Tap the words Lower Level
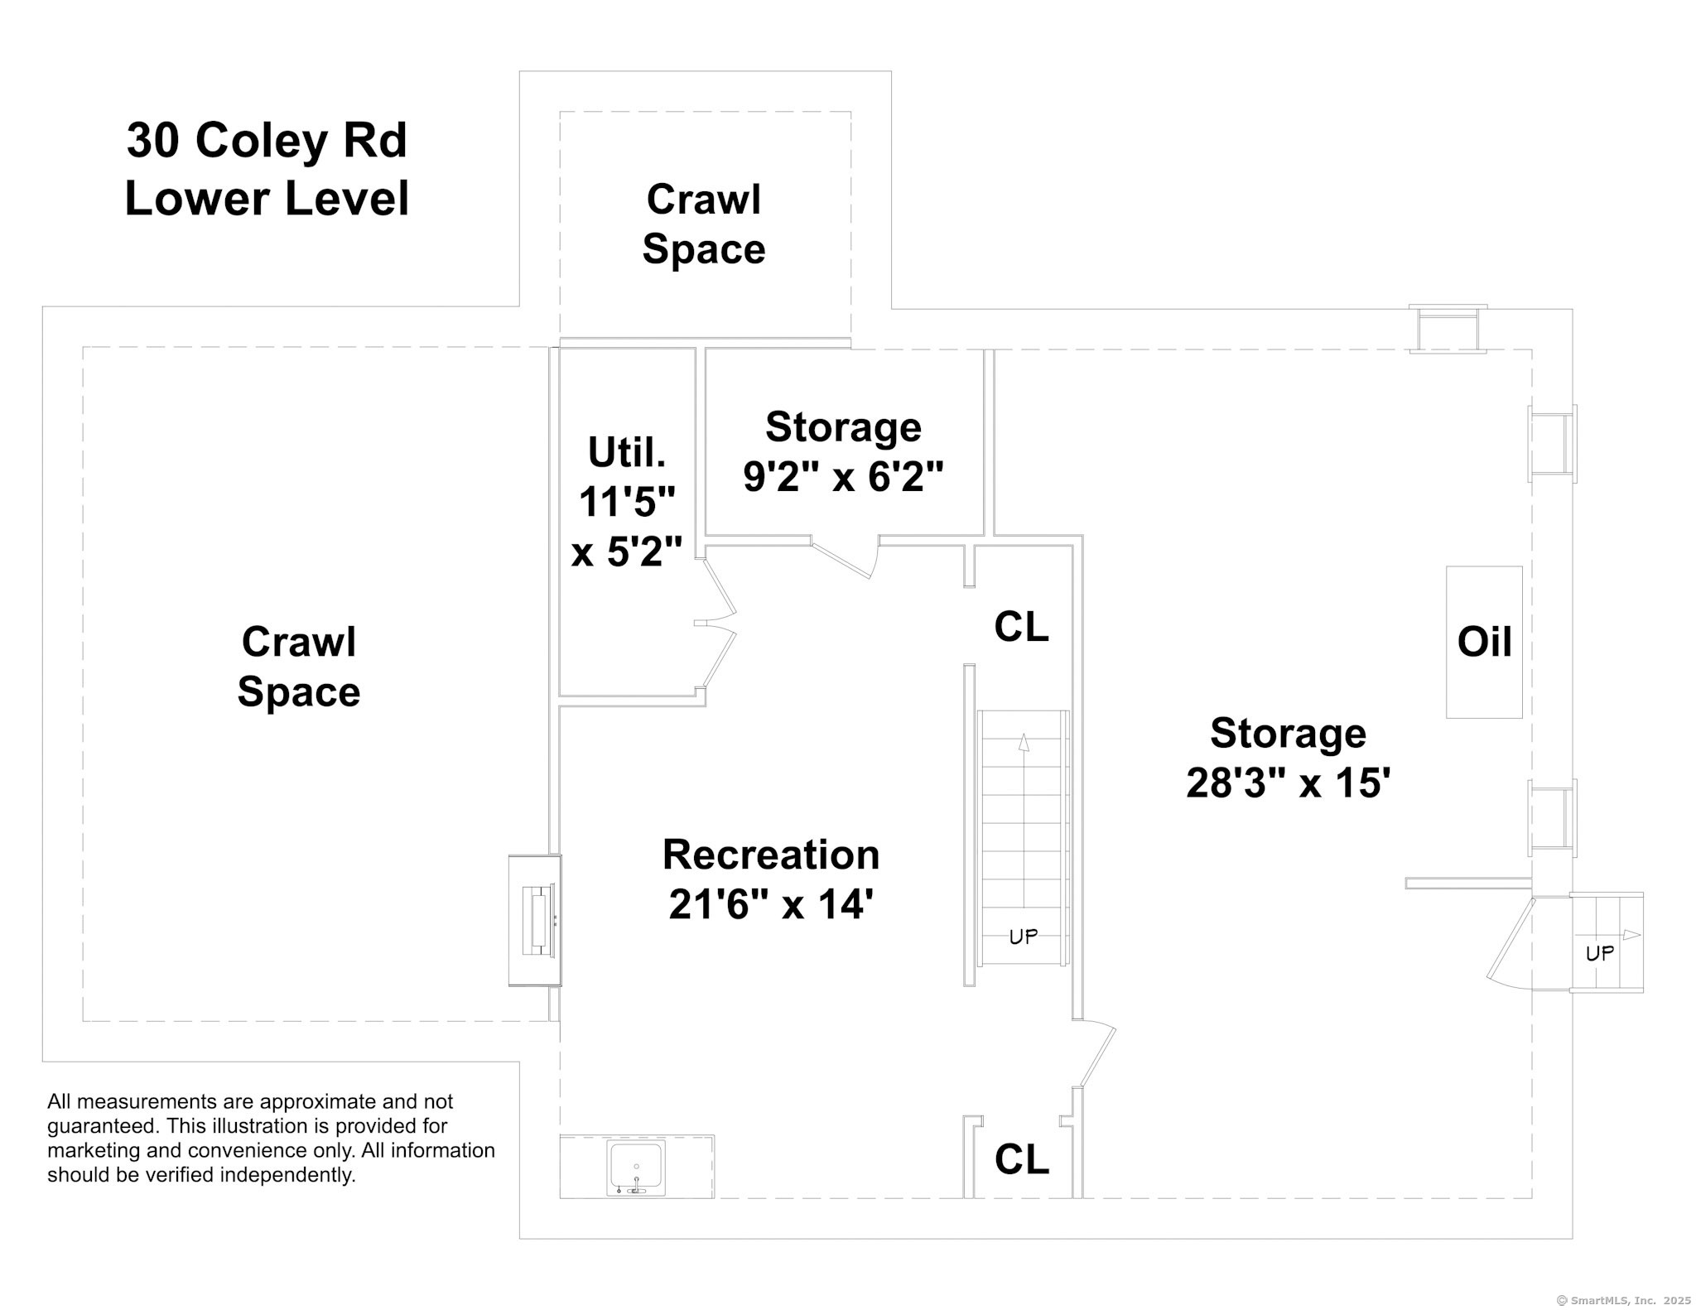pyautogui.click(x=267, y=199)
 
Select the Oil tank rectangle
pyautogui.click(x=1484, y=642)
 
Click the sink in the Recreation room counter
pyautogui.click(x=636, y=1168)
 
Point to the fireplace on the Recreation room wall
pyautogui.click(x=535, y=920)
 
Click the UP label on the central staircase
pyautogui.click(x=1024, y=937)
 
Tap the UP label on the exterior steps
pyautogui.click(x=1600, y=953)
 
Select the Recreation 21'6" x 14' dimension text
pyautogui.click(x=771, y=879)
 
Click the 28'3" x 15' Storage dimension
pyautogui.click(x=1288, y=783)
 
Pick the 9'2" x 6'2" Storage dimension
pyautogui.click(x=843, y=476)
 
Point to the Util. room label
pyautogui.click(x=627, y=452)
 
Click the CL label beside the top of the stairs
pyautogui.click(x=1021, y=627)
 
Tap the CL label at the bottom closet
pyautogui.click(x=1021, y=1159)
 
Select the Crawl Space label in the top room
pyautogui.click(x=704, y=224)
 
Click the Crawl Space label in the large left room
pyautogui.click(x=299, y=667)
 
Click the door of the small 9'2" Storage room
pyautogui.click(x=845, y=556)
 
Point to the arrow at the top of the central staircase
pyautogui.click(x=1024, y=743)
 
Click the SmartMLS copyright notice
pyautogui.click(x=1624, y=1300)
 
